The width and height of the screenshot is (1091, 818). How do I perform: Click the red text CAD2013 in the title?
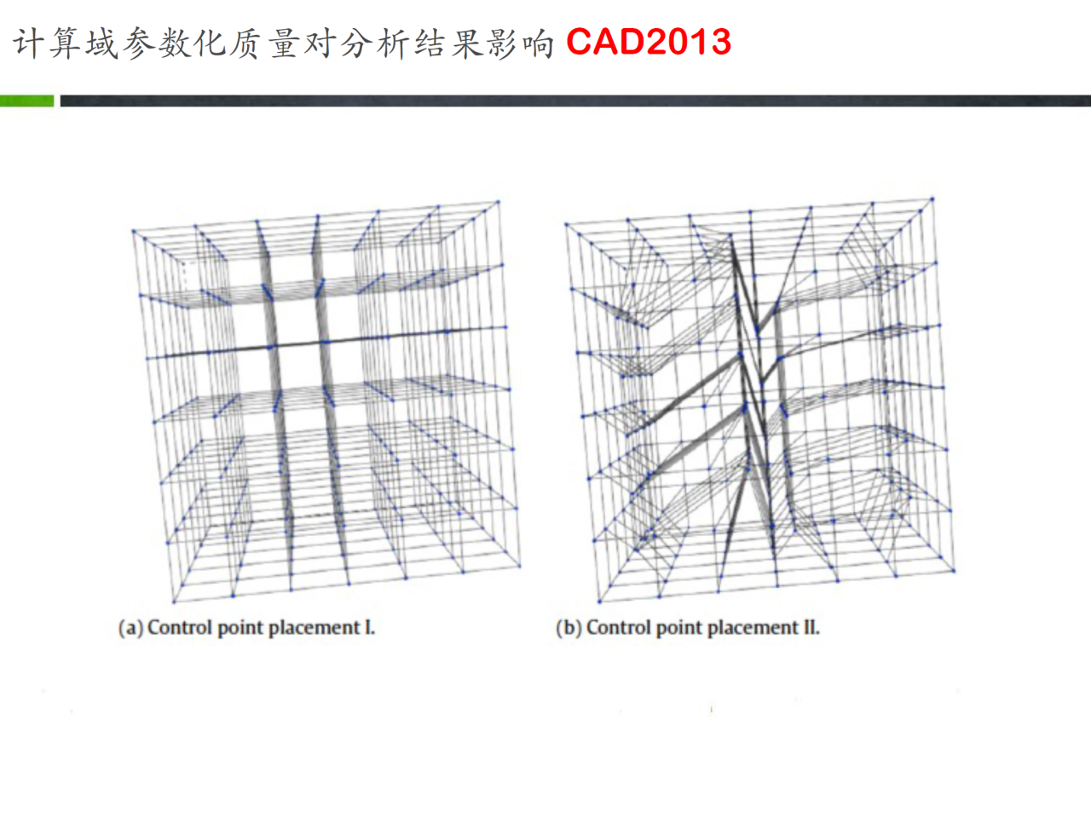[649, 42]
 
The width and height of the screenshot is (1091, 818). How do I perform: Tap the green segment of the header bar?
[26, 101]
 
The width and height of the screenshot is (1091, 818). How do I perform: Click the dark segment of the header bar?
[575, 101]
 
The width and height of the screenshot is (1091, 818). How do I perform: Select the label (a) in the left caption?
[130, 628]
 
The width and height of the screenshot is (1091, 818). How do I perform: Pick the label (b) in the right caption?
[569, 628]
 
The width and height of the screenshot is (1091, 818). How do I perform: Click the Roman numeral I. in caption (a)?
[370, 628]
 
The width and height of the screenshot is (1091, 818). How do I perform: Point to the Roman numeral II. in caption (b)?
[811, 628]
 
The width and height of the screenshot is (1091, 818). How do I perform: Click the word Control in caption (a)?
[181, 628]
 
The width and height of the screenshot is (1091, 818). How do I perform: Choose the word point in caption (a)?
[240, 629]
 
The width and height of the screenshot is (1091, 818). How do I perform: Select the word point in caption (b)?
[679, 629]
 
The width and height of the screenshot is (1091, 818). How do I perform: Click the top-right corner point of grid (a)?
[498, 202]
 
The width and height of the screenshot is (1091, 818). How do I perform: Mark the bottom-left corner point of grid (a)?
[174, 602]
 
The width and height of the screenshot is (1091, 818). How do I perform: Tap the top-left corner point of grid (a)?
[133, 230]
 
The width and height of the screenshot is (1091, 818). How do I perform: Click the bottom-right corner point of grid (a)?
[520, 566]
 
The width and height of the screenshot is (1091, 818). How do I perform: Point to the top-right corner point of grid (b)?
[932, 199]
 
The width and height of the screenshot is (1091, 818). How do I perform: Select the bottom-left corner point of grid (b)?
[599, 602]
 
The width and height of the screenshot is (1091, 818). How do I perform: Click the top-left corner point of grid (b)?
[566, 224]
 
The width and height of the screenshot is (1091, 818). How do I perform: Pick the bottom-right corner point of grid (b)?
[954, 571]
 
